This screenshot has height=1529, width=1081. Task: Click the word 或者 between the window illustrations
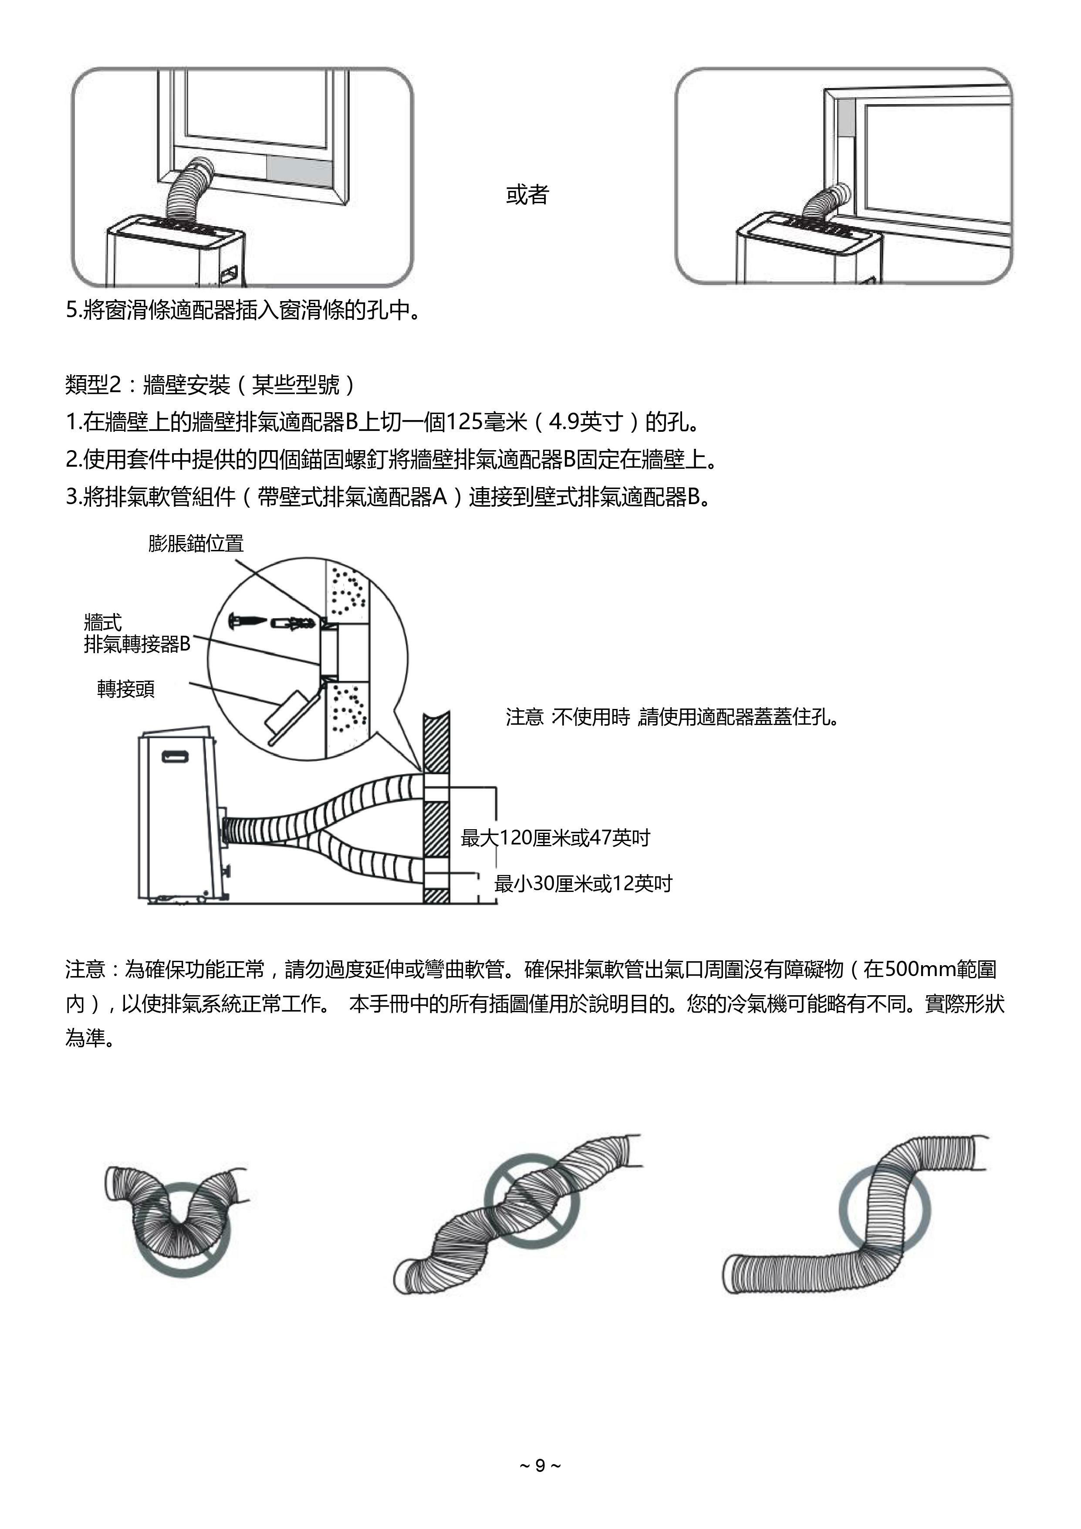pos(527,194)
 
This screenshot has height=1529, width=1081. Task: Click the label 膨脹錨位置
pos(196,543)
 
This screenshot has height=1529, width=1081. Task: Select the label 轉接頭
pos(126,688)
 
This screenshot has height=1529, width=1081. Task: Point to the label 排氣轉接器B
pos(137,644)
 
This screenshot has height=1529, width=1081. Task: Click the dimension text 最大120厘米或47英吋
pos(555,838)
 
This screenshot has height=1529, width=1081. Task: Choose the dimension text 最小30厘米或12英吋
pos(583,884)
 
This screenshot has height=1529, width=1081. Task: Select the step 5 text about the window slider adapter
pos(243,310)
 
